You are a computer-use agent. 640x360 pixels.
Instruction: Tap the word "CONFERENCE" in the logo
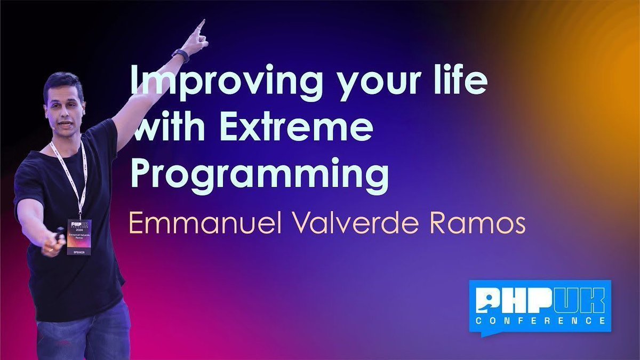[x=540, y=321]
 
